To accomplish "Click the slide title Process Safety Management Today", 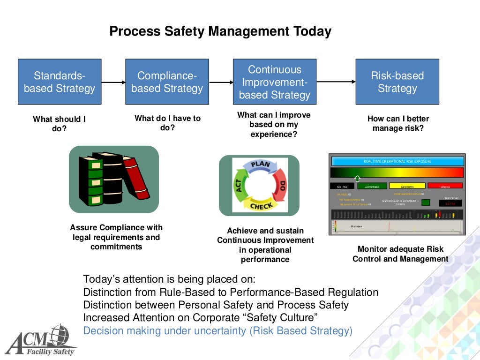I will (220, 31).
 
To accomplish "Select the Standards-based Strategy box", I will (60, 82).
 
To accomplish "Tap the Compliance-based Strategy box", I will (167, 82).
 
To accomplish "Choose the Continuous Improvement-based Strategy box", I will (275, 82).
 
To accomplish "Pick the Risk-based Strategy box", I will (397, 82).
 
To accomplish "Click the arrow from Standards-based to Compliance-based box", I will (113, 82).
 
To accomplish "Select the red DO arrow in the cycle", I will (280, 184).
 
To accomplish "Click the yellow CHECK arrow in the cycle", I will (259, 205).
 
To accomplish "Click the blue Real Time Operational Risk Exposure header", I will (397, 161).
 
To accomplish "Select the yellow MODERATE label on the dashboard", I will (407, 186).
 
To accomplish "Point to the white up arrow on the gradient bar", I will (357, 178).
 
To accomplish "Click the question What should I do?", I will (59, 124).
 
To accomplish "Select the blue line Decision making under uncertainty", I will (217, 331).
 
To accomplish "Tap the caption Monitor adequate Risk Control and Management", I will (400, 254).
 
